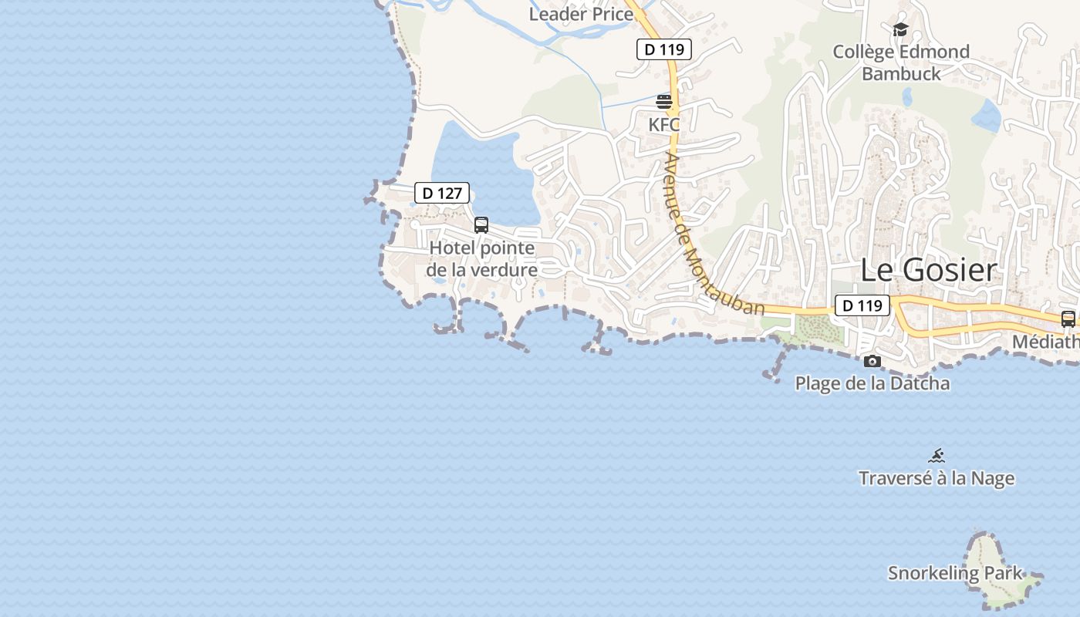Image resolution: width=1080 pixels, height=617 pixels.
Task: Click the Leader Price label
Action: (581, 14)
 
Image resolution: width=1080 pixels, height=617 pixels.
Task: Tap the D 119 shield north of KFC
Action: (663, 50)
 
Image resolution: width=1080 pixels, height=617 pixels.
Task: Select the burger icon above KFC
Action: (664, 101)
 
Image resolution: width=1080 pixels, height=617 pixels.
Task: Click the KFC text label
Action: (664, 124)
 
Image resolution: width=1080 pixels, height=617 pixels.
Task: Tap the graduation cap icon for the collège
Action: (900, 30)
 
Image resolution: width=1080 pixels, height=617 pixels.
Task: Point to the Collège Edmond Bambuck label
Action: (901, 62)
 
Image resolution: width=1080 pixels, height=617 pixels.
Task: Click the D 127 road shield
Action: (442, 193)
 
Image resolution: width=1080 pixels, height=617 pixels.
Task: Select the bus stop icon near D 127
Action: (481, 225)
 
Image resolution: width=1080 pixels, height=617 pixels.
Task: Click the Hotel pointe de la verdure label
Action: (482, 259)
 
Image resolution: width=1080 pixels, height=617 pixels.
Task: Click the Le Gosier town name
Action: (929, 270)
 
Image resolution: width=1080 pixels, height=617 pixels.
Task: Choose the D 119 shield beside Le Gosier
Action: (862, 305)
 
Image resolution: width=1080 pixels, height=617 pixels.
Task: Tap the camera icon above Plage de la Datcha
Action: (872, 361)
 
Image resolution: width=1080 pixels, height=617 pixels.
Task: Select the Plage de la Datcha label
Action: (872, 383)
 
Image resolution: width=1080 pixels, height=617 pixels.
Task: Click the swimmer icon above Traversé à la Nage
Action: (937, 456)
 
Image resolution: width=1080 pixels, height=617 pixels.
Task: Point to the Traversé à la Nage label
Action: (937, 478)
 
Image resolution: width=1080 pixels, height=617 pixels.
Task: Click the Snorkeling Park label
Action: (955, 573)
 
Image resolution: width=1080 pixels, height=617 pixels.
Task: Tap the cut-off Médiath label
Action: (1046, 342)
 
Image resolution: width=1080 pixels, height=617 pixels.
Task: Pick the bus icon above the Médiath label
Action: (1068, 319)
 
